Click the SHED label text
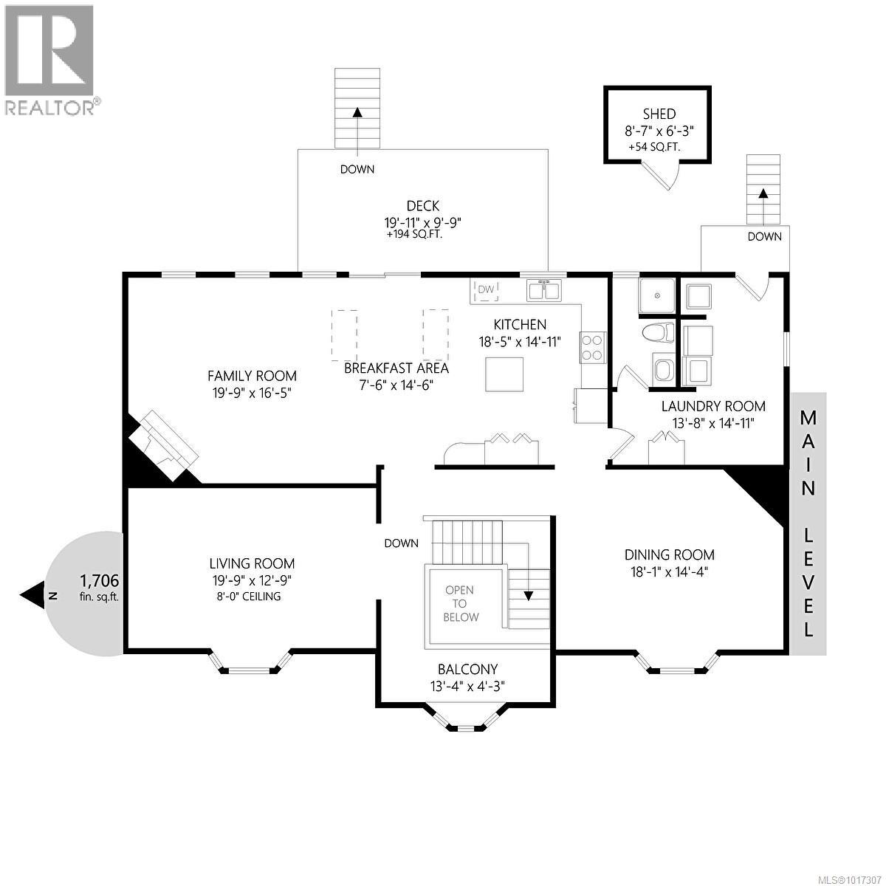coord(659,114)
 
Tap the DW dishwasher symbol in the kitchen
coord(485,290)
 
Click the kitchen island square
coord(504,374)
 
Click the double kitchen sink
coord(544,290)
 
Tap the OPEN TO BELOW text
coord(460,603)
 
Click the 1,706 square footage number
coord(98,581)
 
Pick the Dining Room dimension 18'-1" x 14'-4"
coord(669,571)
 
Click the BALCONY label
coord(467,670)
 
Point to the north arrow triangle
coord(33,594)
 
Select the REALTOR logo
coord(49,59)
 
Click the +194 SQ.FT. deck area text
coord(413,235)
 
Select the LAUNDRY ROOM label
coord(712,406)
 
